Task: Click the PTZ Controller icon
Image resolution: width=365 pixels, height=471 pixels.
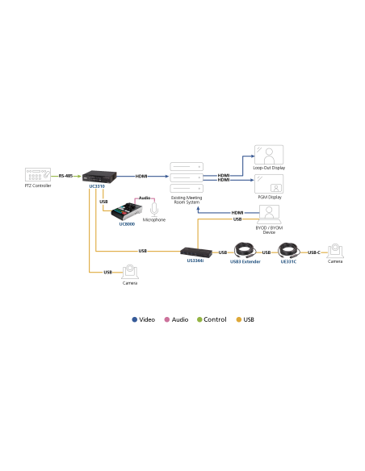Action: tap(38, 175)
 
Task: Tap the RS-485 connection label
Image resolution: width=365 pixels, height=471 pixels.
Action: tap(65, 175)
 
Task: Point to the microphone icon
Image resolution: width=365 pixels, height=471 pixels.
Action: tap(153, 209)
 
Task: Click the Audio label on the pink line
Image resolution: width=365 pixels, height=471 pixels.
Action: tap(145, 198)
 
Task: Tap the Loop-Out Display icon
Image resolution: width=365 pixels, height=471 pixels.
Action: tap(268, 154)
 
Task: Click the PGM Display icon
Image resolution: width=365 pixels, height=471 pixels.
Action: tap(268, 183)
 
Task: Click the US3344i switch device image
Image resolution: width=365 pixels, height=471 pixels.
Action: tap(197, 251)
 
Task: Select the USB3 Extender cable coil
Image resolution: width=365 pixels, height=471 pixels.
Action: tap(245, 250)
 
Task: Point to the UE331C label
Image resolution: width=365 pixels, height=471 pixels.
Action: tap(289, 262)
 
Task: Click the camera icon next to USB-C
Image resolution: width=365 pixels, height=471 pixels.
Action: tap(335, 250)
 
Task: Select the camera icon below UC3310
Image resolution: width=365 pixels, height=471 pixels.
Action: tap(129, 272)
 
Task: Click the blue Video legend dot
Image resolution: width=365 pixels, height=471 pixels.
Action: tap(135, 320)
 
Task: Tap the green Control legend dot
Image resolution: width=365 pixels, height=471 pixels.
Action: tap(199, 320)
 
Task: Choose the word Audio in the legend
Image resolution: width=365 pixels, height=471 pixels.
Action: tap(178, 320)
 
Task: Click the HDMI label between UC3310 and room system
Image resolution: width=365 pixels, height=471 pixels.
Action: tap(141, 175)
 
